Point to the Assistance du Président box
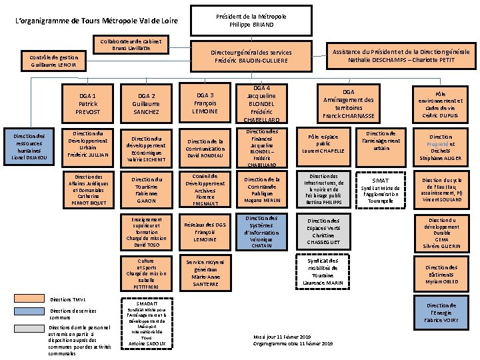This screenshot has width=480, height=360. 400,56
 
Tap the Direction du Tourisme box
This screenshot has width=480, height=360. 146,189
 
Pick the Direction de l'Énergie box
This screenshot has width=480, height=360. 442,312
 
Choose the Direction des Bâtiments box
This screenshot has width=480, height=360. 441,272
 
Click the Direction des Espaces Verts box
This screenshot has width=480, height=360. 323,230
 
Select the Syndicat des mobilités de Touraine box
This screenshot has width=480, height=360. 323,272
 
